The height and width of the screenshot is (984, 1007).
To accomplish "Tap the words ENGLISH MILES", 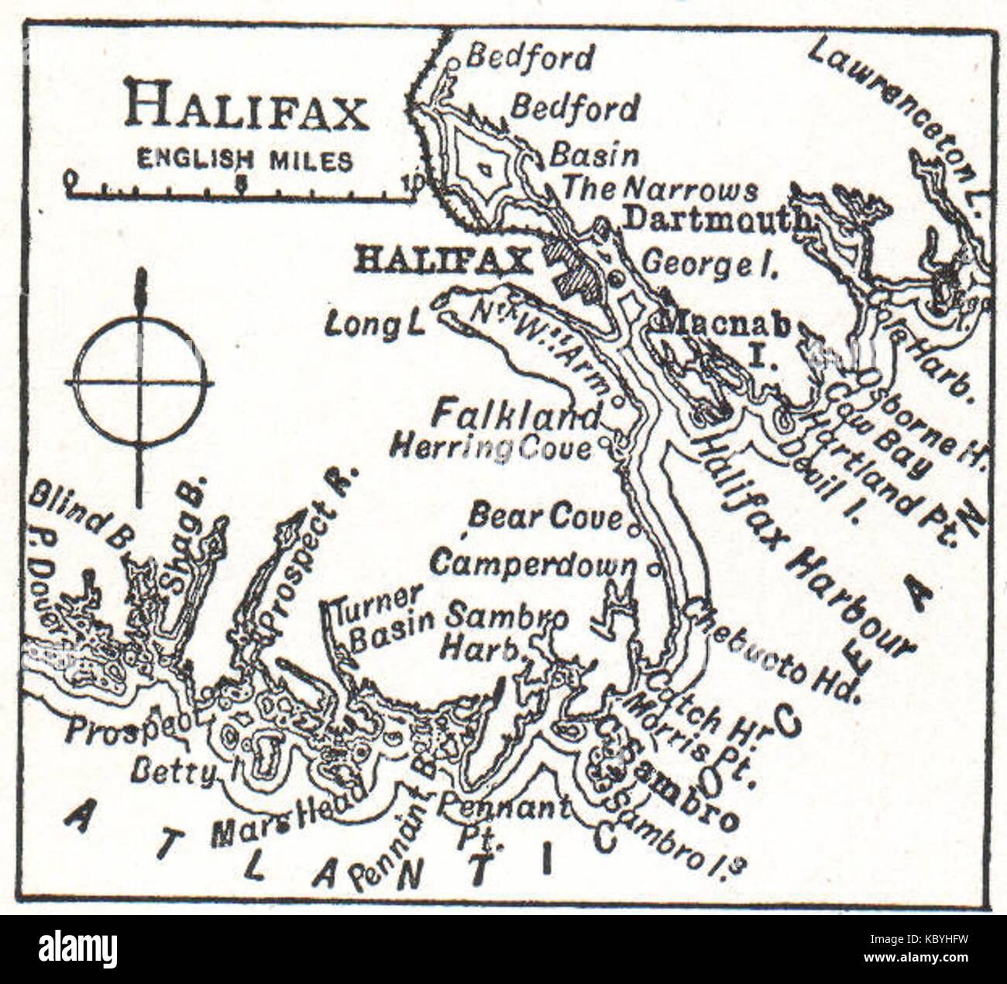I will coord(245,160).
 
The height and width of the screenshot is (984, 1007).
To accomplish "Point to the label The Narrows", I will coord(659,188).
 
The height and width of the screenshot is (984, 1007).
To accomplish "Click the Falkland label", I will coord(515,415).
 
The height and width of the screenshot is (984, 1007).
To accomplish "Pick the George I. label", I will coord(710,264).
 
